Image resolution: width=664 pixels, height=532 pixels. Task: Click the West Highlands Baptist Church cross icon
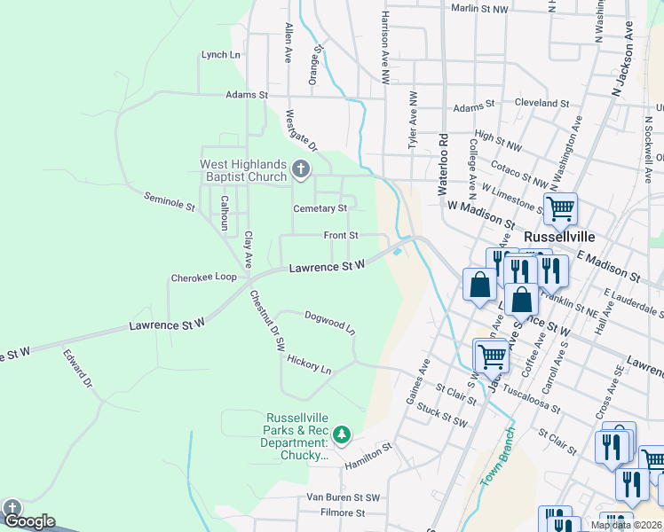pyautogui.click(x=301, y=169)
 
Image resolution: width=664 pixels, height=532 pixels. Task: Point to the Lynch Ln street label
pyautogui.click(x=221, y=55)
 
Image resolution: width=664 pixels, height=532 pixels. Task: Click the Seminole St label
pyautogui.click(x=169, y=203)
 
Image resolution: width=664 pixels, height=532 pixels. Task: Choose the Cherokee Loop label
pyautogui.click(x=203, y=278)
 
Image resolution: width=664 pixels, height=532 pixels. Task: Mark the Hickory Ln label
pyautogui.click(x=309, y=364)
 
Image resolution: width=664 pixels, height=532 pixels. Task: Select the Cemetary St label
pyautogui.click(x=320, y=208)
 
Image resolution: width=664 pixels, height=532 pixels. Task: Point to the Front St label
pyautogui.click(x=341, y=236)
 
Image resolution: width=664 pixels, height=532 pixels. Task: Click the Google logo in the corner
pyautogui.click(x=28, y=520)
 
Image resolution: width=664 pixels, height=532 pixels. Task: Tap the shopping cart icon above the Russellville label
pyautogui.click(x=560, y=209)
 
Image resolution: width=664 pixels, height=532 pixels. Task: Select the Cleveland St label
pyautogui.click(x=541, y=104)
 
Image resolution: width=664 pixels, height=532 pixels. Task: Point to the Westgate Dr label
pyautogui.click(x=300, y=129)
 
